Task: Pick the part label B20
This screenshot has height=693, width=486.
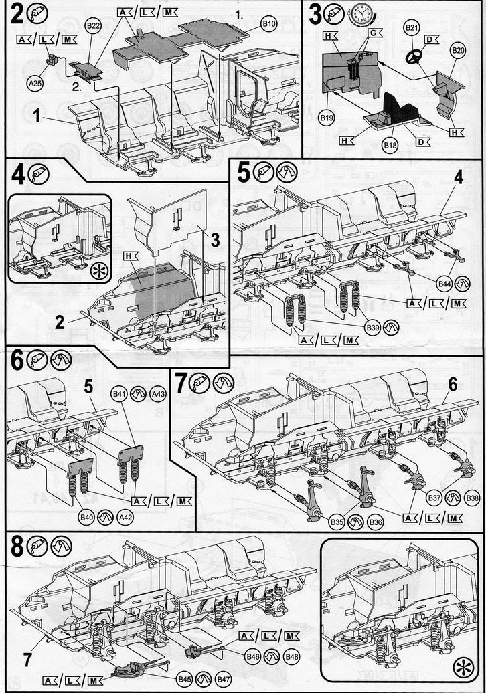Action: [x=458, y=51]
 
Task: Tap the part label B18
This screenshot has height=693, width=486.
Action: [x=390, y=144]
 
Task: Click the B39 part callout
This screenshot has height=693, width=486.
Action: [x=373, y=326]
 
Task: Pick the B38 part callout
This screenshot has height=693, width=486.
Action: [x=473, y=498]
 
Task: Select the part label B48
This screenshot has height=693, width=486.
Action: [x=291, y=656]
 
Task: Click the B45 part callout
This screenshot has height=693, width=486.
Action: [x=185, y=679]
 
